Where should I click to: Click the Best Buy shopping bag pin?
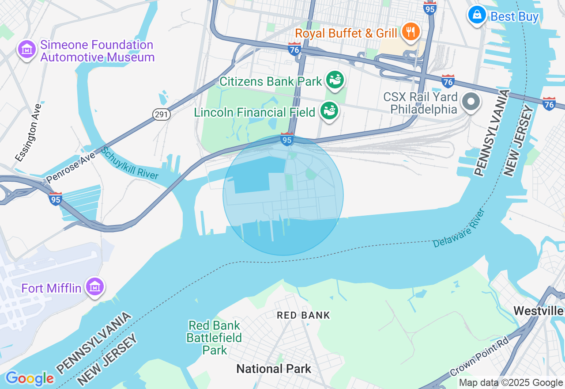point(477,15)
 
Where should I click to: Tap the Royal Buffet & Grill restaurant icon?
point(411,31)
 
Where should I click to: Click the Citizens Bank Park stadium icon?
point(335,80)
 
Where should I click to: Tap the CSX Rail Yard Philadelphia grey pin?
point(471,102)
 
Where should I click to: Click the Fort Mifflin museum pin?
point(95,287)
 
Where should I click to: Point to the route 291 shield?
point(162,114)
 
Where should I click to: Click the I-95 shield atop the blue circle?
point(287,140)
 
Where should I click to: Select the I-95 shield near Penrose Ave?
point(56,199)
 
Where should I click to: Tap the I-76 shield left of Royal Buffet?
point(294,49)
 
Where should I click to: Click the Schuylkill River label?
point(129,163)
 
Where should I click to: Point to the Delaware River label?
point(459,228)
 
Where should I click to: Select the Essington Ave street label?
point(28,132)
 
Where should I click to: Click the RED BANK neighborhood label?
point(303,315)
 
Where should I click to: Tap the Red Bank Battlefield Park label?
point(214,338)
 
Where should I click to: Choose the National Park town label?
point(274,369)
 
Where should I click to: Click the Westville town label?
point(539,311)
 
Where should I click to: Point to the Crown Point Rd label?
point(479,356)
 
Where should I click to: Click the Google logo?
point(30,378)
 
